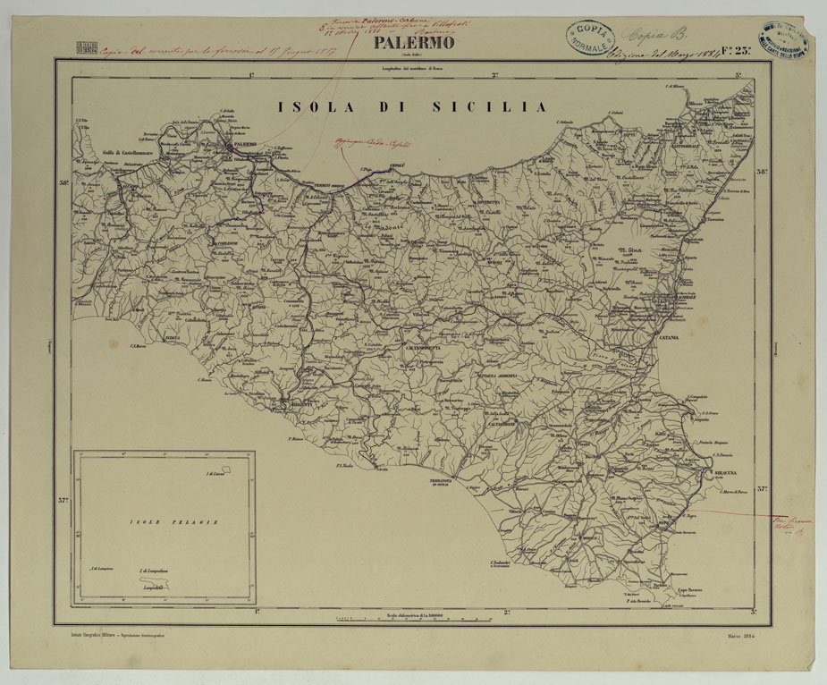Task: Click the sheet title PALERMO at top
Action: (414, 43)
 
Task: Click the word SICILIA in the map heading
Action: (489, 106)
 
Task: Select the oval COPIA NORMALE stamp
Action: (590, 37)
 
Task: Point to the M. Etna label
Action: (631, 253)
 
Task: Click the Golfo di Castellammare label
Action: (131, 152)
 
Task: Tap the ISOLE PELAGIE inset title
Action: (161, 521)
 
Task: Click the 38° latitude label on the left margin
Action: (63, 184)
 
